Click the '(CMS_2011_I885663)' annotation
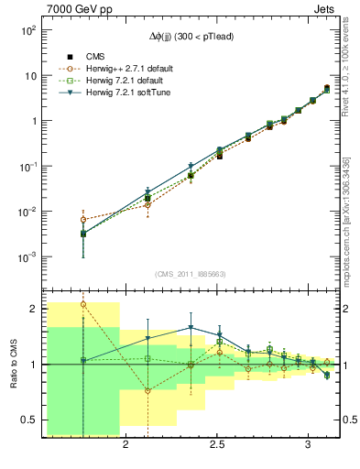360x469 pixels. click(x=190, y=274)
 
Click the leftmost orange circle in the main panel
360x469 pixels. click(x=83, y=220)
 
